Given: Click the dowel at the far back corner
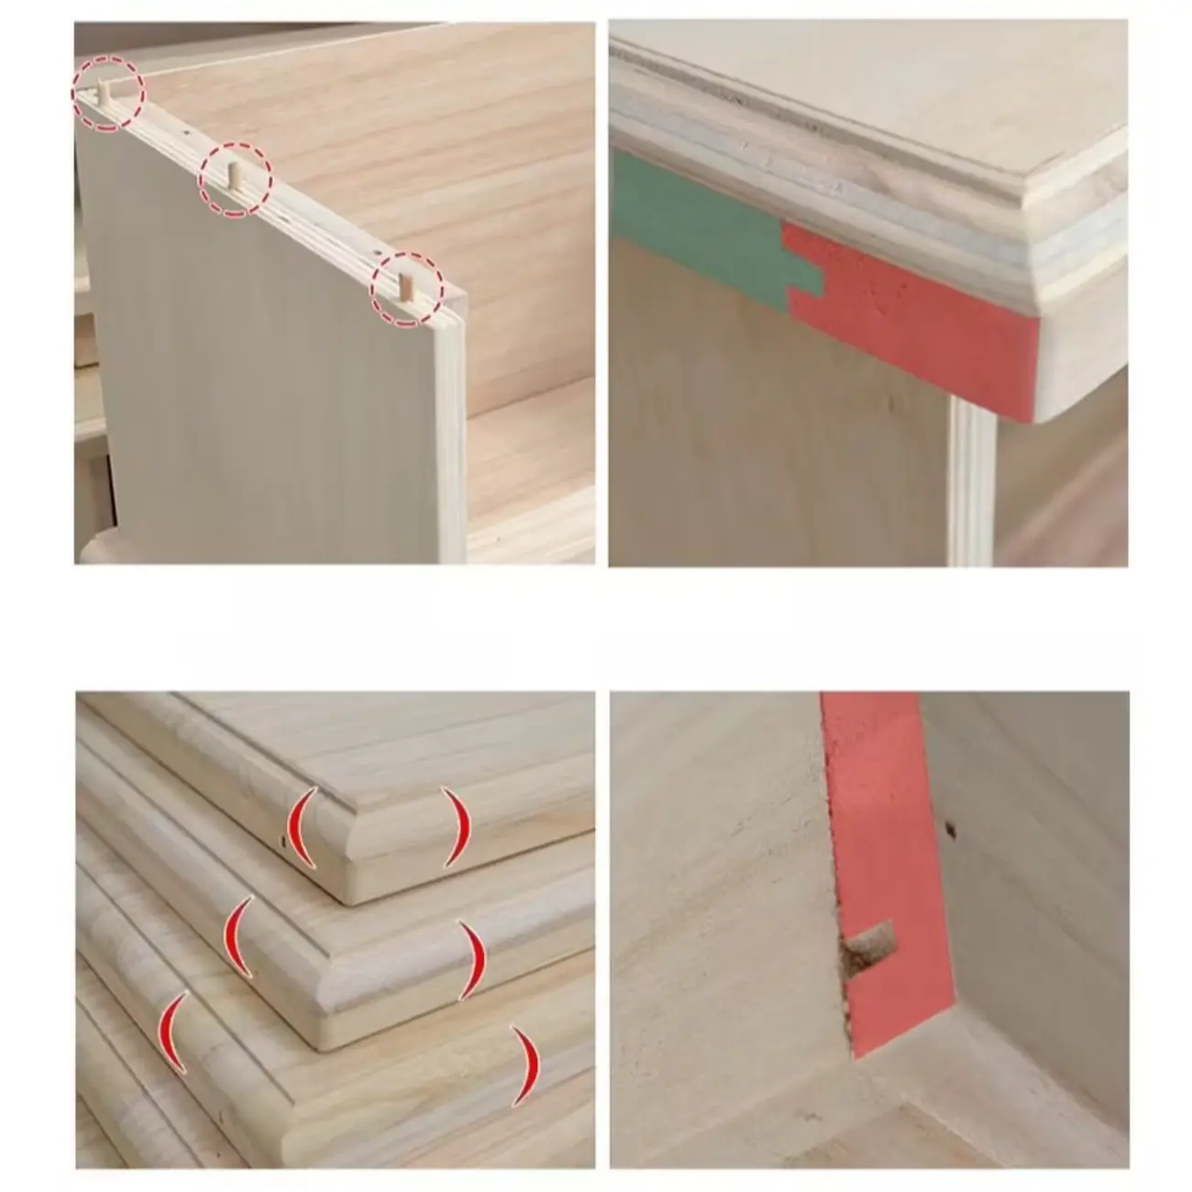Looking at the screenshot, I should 105,92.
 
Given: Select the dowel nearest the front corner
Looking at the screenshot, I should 403,286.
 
